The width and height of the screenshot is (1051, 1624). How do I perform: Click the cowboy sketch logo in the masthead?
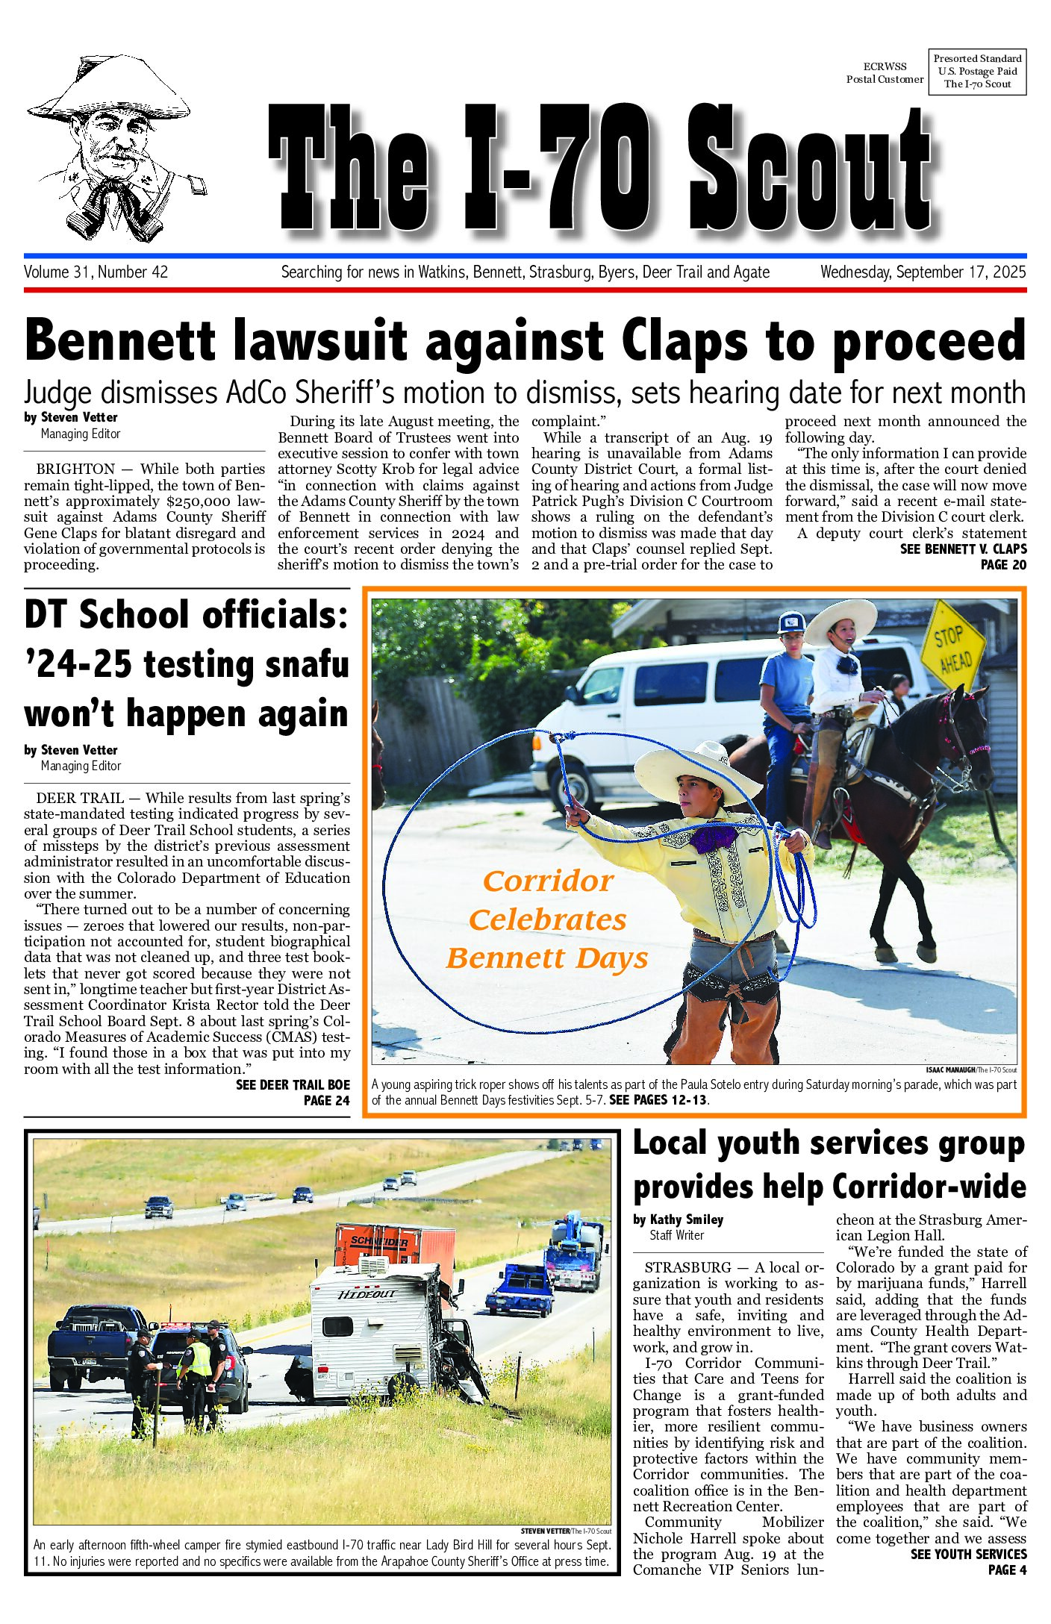(x=112, y=149)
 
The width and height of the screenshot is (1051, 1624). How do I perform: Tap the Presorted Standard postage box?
(x=977, y=71)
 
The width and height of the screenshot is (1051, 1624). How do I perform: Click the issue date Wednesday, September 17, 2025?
(x=923, y=272)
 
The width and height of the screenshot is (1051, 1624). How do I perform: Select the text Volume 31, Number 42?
(x=96, y=272)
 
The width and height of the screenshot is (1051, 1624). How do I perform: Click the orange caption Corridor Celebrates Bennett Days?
(x=547, y=919)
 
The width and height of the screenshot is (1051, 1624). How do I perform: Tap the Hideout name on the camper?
(x=367, y=1293)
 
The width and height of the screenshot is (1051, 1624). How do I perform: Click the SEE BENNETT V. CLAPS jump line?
(x=963, y=549)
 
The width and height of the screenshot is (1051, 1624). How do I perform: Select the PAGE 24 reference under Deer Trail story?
(x=326, y=1100)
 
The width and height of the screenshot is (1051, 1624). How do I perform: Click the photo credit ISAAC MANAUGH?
(x=950, y=1069)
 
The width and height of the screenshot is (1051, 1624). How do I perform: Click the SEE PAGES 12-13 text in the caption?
(x=658, y=1100)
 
